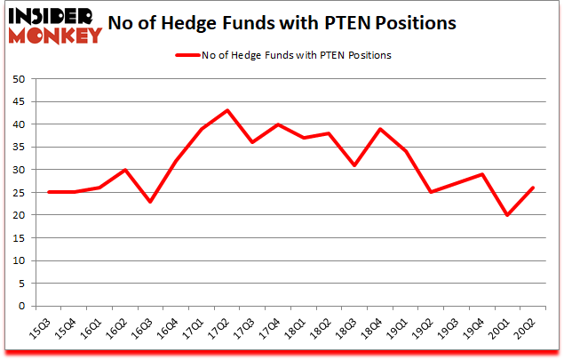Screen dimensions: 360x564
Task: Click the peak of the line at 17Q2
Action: tap(226, 110)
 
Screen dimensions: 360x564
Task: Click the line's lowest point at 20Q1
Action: tap(506, 215)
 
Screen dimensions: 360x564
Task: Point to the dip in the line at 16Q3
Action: tap(150, 202)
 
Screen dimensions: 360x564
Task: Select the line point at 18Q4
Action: tap(379, 129)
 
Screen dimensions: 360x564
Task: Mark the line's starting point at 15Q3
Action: tap(48, 192)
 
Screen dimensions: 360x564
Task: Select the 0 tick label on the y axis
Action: tap(21, 306)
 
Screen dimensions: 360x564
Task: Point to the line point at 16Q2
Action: tap(124, 170)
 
